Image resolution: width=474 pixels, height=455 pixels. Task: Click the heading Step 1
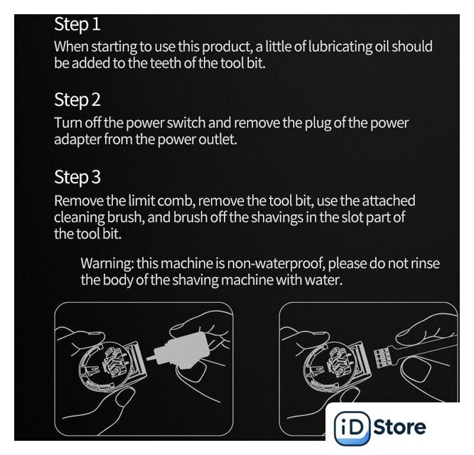[77, 24]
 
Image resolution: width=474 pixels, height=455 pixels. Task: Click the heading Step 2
[77, 100]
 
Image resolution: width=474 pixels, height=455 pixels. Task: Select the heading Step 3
[77, 177]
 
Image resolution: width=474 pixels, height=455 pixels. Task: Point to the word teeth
[166, 63]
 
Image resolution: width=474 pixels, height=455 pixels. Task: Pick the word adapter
[77, 140]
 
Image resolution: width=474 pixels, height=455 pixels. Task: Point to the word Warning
[107, 264]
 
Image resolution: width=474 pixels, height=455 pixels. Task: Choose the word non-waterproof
[276, 264]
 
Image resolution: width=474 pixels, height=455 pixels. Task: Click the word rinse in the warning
[425, 263]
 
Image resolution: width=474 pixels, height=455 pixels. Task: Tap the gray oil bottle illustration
[180, 351]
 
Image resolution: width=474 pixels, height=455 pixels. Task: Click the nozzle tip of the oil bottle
[148, 359]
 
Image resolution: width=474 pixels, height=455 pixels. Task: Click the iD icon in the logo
[352, 428]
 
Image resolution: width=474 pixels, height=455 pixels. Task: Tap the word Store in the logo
[400, 427]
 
